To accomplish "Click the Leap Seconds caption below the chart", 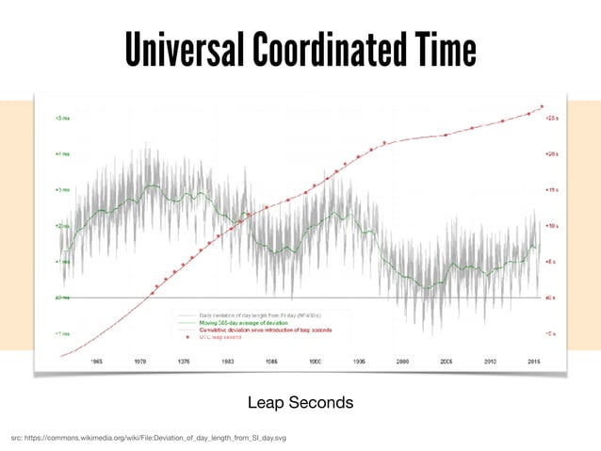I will (300, 403).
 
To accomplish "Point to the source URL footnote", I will (149, 439).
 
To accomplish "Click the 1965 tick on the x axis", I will (97, 361).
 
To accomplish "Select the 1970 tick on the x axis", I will (140, 361).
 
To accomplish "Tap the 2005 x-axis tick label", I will (447, 361).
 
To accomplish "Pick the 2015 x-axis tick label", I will (533, 361).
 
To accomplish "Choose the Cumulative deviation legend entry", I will (264, 330).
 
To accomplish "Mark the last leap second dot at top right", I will (542, 106).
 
